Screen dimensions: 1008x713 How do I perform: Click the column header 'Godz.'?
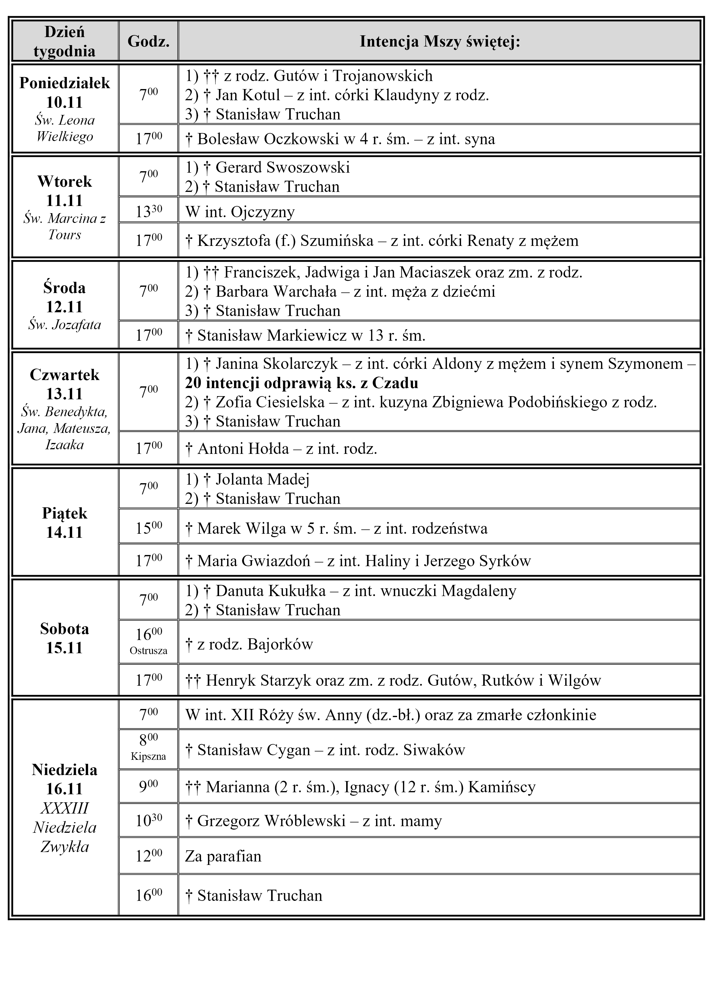(148, 41)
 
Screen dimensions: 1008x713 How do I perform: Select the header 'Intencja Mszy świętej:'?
(440, 41)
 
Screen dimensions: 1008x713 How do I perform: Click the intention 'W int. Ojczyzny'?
(240, 212)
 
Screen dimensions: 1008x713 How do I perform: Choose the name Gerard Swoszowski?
(283, 167)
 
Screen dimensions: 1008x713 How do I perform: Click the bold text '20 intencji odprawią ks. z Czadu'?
(301, 383)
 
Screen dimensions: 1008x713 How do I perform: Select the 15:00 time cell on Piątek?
(148, 527)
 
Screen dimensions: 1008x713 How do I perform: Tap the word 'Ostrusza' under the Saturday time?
(148, 651)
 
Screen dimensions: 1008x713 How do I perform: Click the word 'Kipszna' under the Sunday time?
(148, 756)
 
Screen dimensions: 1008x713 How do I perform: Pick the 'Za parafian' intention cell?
(223, 856)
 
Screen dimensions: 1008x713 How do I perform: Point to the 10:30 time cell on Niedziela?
(148, 820)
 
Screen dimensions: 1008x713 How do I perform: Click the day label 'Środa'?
(65, 288)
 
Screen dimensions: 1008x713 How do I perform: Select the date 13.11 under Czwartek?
(65, 394)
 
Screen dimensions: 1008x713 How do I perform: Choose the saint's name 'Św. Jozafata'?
(65, 324)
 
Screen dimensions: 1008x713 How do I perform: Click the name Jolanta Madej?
(262, 479)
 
